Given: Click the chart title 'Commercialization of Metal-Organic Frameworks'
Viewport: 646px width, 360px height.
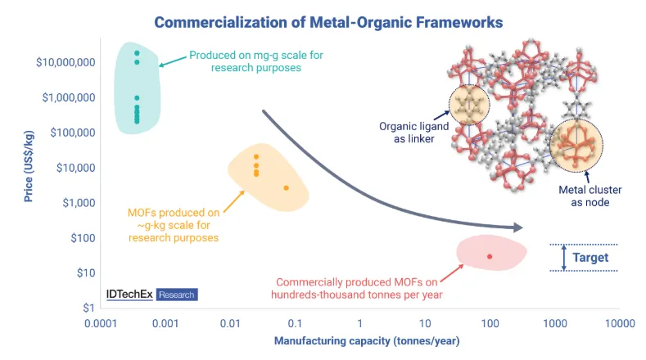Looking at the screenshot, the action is tap(328, 22).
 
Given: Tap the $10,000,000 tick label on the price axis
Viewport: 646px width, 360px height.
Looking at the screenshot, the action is tap(66, 62).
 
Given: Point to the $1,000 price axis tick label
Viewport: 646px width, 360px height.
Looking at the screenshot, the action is tap(79, 203).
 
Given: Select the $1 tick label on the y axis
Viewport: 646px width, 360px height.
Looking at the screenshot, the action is tap(88, 308).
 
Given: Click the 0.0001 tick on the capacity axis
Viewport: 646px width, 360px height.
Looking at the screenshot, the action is tap(101, 324).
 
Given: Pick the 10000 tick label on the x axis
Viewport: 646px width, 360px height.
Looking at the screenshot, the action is tap(620, 324).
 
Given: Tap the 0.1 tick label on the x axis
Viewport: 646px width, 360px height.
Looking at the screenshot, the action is tap(295, 324).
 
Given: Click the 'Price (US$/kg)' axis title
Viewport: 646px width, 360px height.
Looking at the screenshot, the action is tap(29, 166).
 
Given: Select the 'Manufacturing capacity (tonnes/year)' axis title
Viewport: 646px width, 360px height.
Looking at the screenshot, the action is tap(367, 341).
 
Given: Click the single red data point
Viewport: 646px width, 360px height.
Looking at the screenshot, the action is tap(490, 257).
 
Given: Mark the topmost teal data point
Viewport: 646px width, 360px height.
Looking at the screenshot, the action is tap(137, 53).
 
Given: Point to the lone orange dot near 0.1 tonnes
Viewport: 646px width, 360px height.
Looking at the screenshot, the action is tap(287, 188).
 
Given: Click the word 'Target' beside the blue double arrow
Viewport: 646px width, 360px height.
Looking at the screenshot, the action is tap(590, 258).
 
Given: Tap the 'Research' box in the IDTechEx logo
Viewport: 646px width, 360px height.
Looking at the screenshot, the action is tap(177, 295).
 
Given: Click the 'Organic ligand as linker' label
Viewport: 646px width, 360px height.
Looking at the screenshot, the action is tap(414, 133).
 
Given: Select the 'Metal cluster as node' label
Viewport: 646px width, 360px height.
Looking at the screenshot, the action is tap(590, 196).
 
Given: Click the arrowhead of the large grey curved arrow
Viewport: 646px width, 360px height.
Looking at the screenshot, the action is tap(517, 227).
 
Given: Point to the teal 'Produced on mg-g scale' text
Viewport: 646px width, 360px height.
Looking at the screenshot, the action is tap(256, 61).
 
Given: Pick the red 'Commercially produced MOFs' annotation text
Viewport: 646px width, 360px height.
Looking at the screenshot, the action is tap(357, 288).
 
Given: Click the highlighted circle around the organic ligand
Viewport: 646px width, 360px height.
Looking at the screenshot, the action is tap(469, 85).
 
